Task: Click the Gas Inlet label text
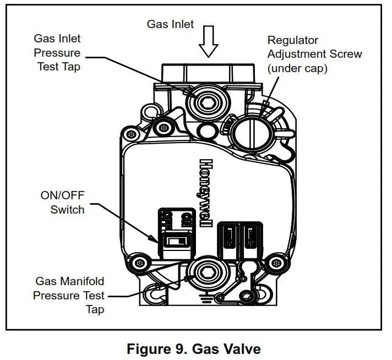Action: pyautogui.click(x=170, y=24)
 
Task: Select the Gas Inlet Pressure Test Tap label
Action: pyautogui.click(x=57, y=53)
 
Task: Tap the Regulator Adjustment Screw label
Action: pyautogui.click(x=314, y=54)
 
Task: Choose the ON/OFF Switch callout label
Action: pyautogui.click(x=62, y=202)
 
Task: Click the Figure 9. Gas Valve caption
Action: pyautogui.click(x=193, y=348)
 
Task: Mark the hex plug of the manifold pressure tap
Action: pyautogui.click(x=208, y=272)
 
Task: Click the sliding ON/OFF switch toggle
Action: pyautogui.click(x=177, y=241)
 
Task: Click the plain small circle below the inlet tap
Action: pyautogui.click(x=206, y=130)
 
